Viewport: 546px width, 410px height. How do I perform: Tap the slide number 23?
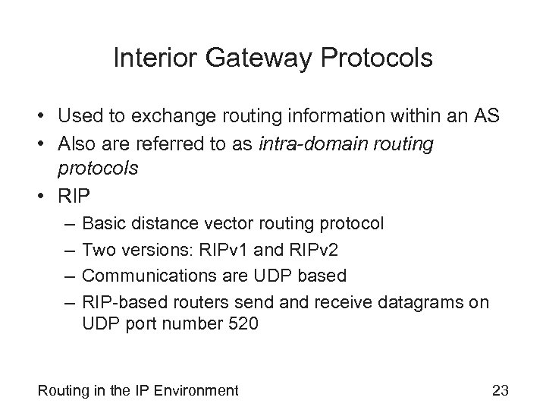coord(500,391)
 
